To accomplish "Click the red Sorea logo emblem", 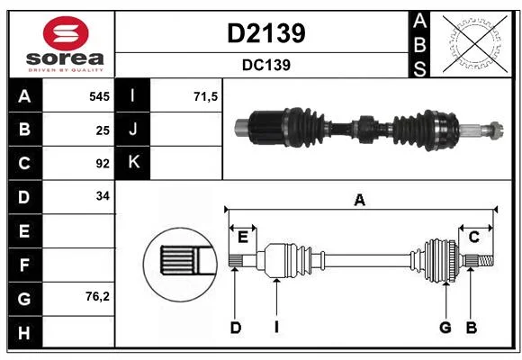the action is pyautogui.click(x=66, y=33).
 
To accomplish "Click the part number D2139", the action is pyautogui.click(x=266, y=33).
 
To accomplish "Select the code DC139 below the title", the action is pyautogui.click(x=266, y=66).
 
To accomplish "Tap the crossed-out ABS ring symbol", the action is pyautogui.click(x=475, y=43).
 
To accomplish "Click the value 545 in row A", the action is pyautogui.click(x=99, y=96).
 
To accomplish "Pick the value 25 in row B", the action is pyautogui.click(x=103, y=130).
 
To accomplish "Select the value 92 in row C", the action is pyautogui.click(x=103, y=164).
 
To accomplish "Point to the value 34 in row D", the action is pyautogui.click(x=103, y=196).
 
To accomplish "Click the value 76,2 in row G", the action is pyautogui.click(x=97, y=296).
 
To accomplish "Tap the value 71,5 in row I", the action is pyautogui.click(x=205, y=97).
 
